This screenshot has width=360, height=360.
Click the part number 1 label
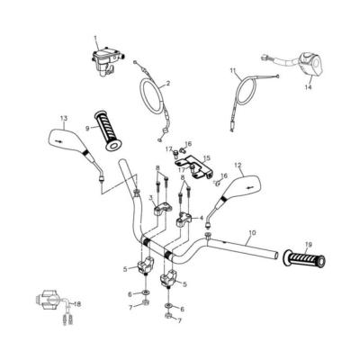[x=95, y=38]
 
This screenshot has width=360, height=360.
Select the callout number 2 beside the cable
[x=167, y=84]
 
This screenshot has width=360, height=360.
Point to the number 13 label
[x=65, y=118]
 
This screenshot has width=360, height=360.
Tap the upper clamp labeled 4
[x=184, y=219]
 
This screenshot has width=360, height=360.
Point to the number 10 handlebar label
[x=253, y=232]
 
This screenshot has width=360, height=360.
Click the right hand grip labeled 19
[x=304, y=258]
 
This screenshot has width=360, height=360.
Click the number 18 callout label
[x=77, y=304]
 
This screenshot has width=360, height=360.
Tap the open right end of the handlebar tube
[x=276, y=256]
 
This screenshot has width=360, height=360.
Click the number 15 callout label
[x=206, y=157]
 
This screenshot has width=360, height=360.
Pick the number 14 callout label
[x=308, y=87]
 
